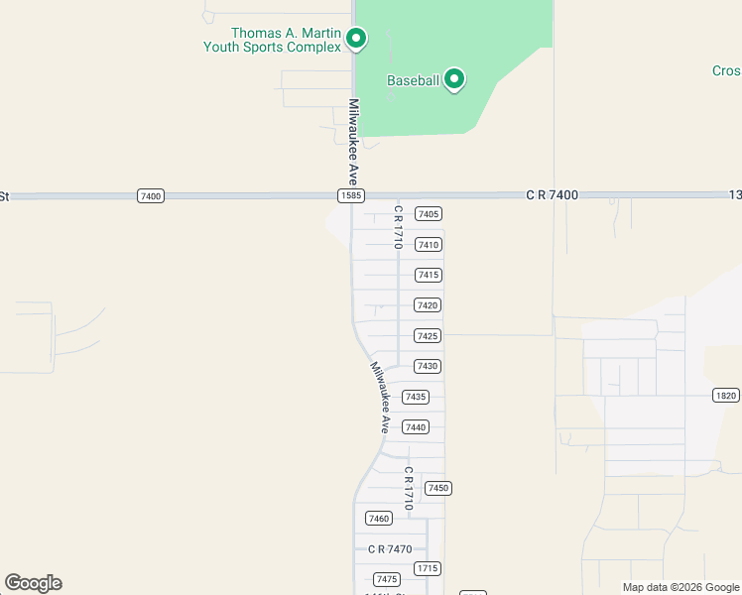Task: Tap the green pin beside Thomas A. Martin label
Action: pyautogui.click(x=356, y=39)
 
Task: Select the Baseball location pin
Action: pyautogui.click(x=454, y=78)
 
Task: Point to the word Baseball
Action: pyautogui.click(x=413, y=80)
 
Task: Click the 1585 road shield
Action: pyautogui.click(x=350, y=196)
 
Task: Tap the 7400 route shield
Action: pyautogui.click(x=150, y=196)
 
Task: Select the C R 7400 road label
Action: pyautogui.click(x=552, y=196)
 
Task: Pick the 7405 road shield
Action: pyautogui.click(x=429, y=214)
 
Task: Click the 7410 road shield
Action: pyautogui.click(x=429, y=245)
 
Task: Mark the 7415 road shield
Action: pyautogui.click(x=429, y=275)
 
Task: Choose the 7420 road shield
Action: pyautogui.click(x=429, y=305)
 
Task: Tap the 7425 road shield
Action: pyautogui.click(x=429, y=336)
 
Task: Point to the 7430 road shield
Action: pyautogui.click(x=428, y=366)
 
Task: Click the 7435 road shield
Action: pyautogui.click(x=416, y=397)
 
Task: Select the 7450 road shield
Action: pyautogui.click(x=438, y=488)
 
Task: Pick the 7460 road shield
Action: pyautogui.click(x=378, y=519)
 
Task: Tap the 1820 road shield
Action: pyautogui.click(x=725, y=396)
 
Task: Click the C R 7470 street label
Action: pyautogui.click(x=389, y=549)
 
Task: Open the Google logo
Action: pyautogui.click(x=33, y=583)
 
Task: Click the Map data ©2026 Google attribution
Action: pyautogui.click(x=680, y=587)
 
